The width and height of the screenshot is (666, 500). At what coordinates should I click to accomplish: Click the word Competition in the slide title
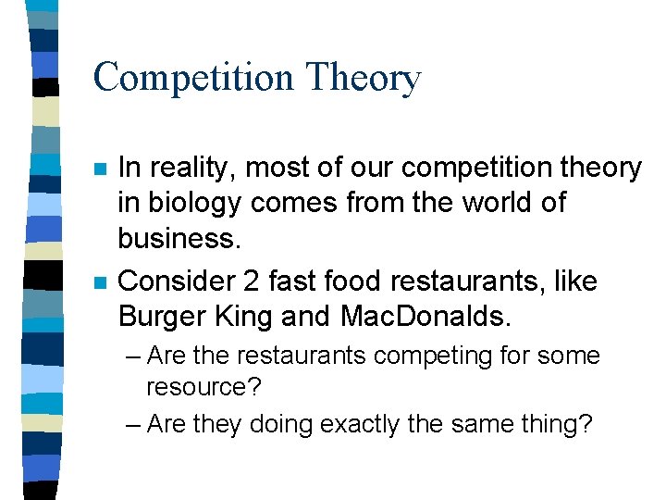189,77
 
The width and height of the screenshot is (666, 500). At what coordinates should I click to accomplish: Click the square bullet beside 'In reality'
100,169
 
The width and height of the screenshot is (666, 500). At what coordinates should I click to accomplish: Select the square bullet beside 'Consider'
100,282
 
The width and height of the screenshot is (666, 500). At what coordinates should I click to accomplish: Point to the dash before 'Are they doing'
131,424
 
